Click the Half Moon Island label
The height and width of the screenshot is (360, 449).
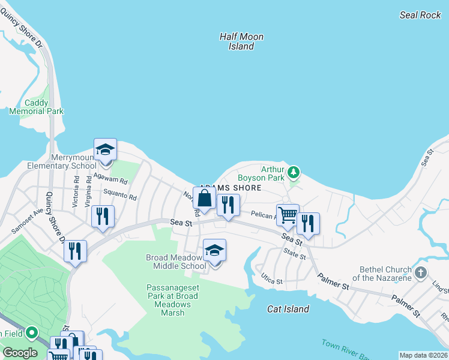tap(241, 41)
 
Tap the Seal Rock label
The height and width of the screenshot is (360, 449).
tap(420, 15)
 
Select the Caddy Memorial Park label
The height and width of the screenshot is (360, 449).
tap(36, 107)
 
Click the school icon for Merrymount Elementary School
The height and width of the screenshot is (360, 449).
tap(105, 150)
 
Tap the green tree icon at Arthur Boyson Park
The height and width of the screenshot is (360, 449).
tap(293, 173)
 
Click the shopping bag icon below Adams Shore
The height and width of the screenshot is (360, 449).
tap(204, 198)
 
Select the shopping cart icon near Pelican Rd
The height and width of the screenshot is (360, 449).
tap(288, 215)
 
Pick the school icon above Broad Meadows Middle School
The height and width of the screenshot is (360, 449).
tap(214, 251)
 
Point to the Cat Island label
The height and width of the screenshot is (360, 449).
tap(288, 309)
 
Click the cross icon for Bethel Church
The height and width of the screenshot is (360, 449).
tap(421, 273)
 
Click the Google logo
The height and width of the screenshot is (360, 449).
tap(20, 353)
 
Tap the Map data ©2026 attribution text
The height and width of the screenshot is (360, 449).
tap(423, 355)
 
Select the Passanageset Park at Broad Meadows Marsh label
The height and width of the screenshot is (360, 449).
tap(172, 296)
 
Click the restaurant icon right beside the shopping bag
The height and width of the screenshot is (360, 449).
tap(228, 205)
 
